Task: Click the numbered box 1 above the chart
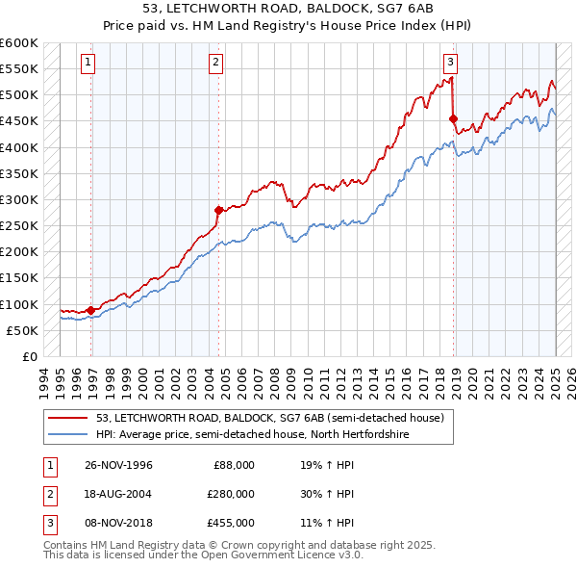click(88, 63)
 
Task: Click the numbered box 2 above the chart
click(215, 63)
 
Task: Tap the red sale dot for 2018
click(453, 118)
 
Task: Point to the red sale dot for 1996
click(90, 310)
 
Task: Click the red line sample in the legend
click(69, 418)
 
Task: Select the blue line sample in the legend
click(69, 435)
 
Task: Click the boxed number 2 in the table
click(48, 494)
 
